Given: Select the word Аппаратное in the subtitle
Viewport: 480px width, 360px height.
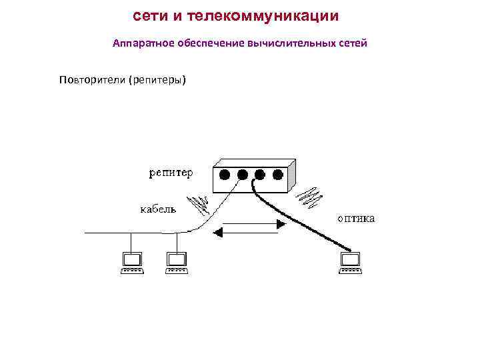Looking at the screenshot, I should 141,43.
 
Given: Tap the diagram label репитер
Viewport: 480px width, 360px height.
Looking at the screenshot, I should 171,173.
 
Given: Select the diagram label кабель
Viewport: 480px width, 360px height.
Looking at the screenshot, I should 158,209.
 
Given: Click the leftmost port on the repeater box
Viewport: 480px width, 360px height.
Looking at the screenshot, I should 225,175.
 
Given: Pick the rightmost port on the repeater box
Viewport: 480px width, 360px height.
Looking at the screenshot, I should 277,175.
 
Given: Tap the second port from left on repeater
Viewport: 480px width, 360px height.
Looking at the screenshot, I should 242,175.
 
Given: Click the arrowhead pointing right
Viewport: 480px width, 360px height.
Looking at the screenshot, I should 281,225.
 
